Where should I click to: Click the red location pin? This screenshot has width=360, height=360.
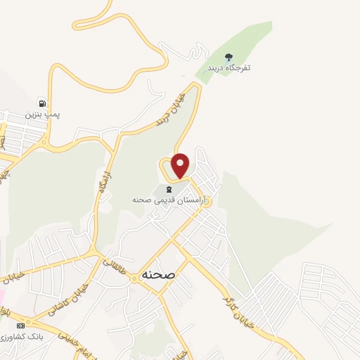point(181,165)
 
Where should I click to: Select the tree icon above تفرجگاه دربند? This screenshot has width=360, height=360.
point(228,56)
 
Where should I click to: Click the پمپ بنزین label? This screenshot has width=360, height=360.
point(39,113)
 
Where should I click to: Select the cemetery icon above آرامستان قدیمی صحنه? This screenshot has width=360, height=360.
point(168,188)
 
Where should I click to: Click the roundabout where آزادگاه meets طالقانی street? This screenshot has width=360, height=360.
point(92,252)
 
